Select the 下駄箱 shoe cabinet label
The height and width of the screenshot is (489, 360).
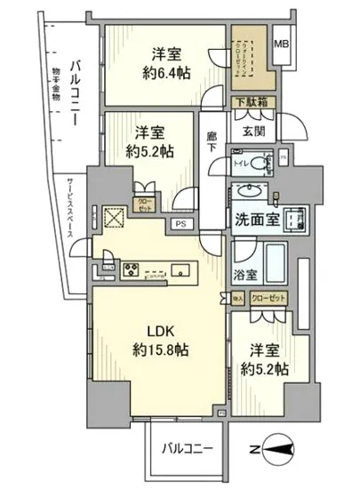pos(251,102)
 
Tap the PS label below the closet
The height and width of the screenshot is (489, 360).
pos(180,224)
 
